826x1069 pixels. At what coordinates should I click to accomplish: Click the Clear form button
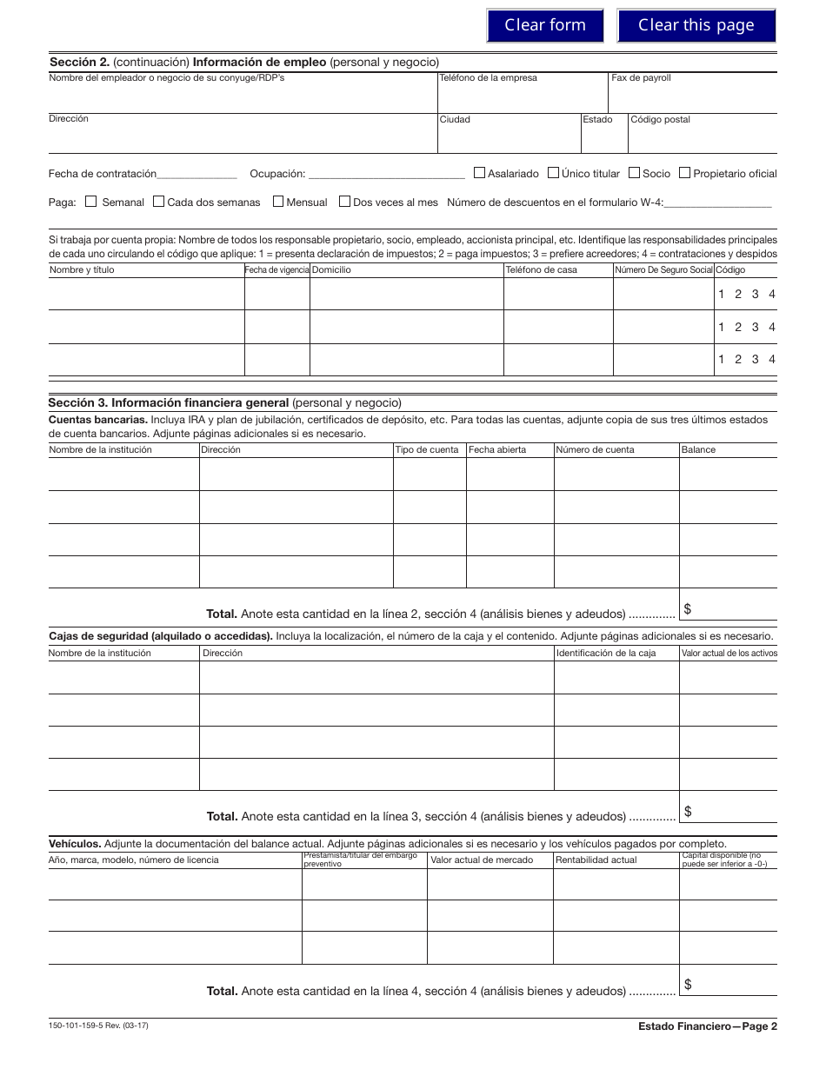coord(545,25)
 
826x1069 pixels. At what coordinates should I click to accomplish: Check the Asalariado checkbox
coord(479,173)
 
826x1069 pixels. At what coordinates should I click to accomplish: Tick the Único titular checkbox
coord(553,173)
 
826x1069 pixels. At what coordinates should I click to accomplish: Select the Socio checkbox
coord(634,173)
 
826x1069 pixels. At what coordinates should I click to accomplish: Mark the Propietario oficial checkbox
coord(684,173)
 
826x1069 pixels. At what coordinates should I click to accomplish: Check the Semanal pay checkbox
coord(91,202)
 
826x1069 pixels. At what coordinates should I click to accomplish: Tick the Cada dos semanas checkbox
coord(158,202)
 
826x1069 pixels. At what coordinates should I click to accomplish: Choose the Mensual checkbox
coord(278,202)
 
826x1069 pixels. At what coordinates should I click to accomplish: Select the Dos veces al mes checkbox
coord(344,202)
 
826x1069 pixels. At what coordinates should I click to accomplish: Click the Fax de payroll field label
coord(641,78)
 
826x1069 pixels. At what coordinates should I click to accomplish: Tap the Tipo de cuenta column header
coord(426,450)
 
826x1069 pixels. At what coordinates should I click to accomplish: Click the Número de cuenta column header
coord(596,450)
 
